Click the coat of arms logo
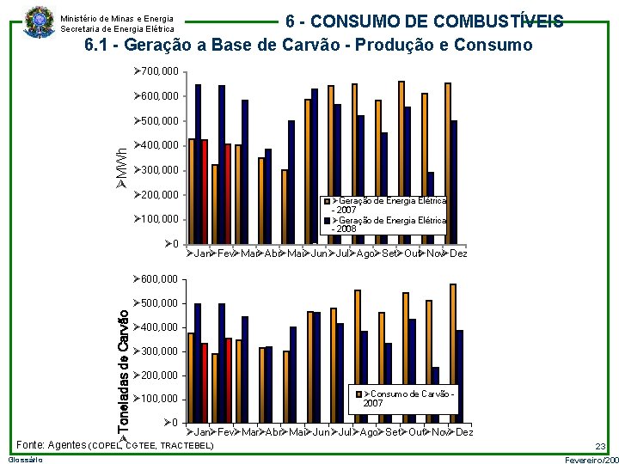[x=38, y=19]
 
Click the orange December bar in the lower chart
[x=453, y=353]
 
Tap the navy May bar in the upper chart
[x=291, y=183]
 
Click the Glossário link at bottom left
[x=21, y=461]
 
